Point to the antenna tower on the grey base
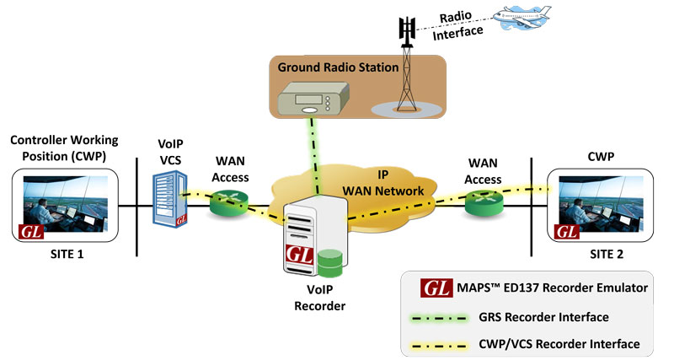(409, 84)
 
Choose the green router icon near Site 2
(482, 200)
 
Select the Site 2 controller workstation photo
(600, 204)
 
